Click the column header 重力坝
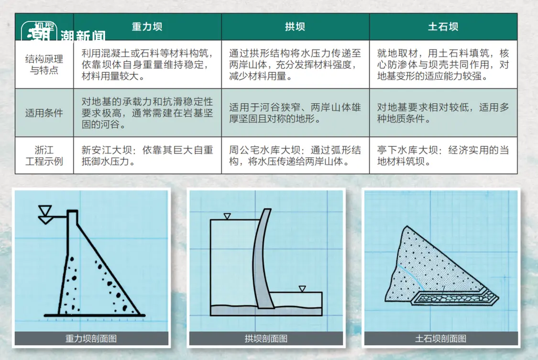click(x=147, y=27)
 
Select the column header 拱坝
click(x=295, y=27)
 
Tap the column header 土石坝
click(x=443, y=27)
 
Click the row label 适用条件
click(x=44, y=113)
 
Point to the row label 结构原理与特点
click(x=44, y=65)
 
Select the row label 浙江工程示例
click(x=44, y=156)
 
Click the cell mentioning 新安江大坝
click(x=147, y=156)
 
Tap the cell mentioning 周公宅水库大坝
click(x=295, y=156)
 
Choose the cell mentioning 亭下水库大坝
click(x=443, y=156)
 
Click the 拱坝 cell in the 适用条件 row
click(x=295, y=113)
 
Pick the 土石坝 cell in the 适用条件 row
click(x=443, y=113)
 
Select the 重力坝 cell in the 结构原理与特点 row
click(x=147, y=65)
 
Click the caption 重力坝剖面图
click(x=91, y=339)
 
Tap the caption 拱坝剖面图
click(x=266, y=339)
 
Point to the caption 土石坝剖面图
click(x=440, y=339)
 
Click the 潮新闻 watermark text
click(x=83, y=35)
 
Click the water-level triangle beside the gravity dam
click(x=45, y=215)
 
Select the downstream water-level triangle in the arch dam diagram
click(x=302, y=289)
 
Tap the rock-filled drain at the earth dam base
click(x=455, y=297)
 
